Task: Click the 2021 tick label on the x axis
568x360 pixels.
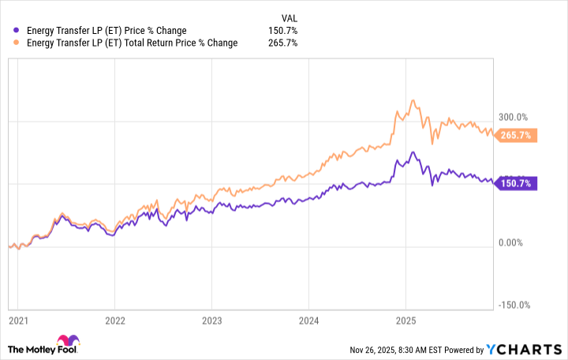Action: coord(17,321)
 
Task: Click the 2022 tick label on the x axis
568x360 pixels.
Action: coord(114,321)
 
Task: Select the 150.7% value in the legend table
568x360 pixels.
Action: coord(282,31)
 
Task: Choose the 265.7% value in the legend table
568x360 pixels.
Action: coord(282,43)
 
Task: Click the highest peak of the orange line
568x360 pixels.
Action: coord(412,101)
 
